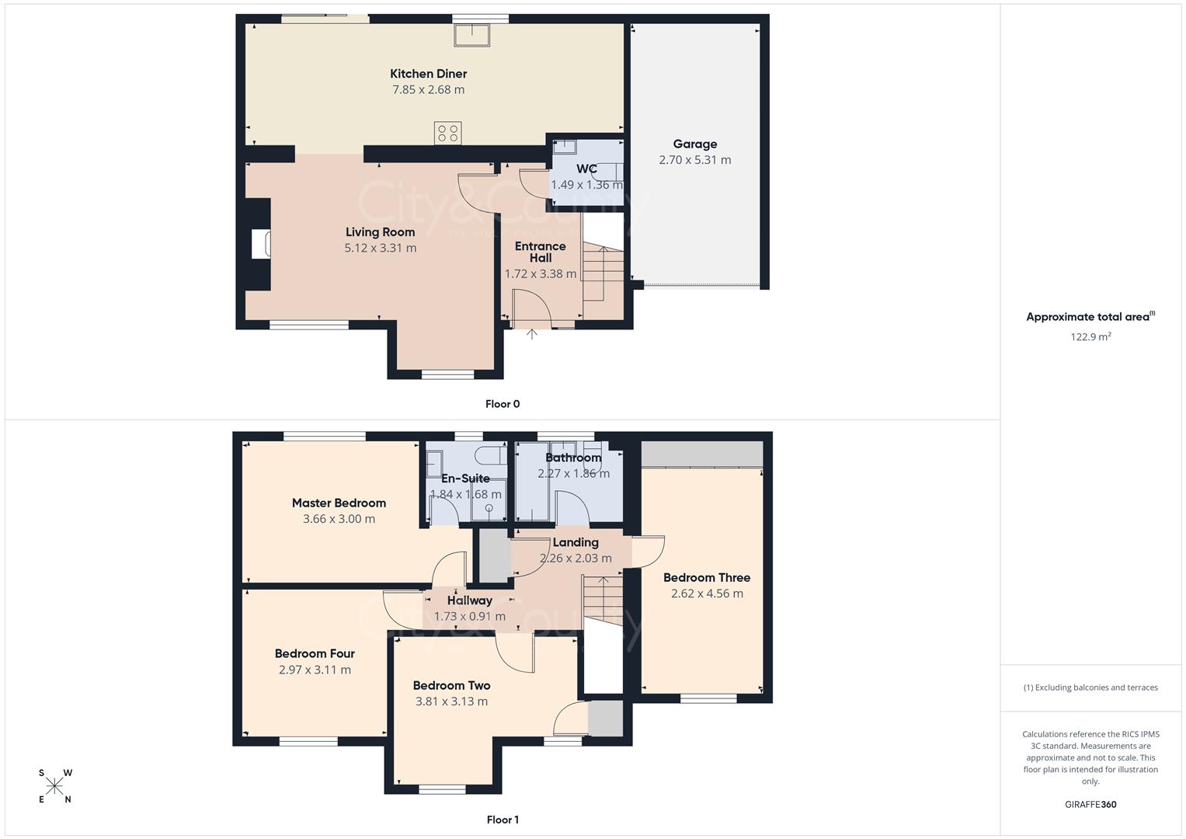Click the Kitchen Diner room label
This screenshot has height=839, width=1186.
pyautogui.click(x=428, y=74)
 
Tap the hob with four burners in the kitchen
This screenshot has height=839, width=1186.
pyautogui.click(x=448, y=133)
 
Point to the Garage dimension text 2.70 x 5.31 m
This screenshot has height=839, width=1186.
pyautogui.click(x=694, y=160)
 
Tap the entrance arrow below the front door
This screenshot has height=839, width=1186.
pyautogui.click(x=532, y=335)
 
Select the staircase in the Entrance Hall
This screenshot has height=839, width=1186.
pyautogui.click(x=603, y=273)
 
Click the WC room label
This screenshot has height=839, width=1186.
pyautogui.click(x=586, y=169)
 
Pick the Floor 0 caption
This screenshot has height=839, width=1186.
pyautogui.click(x=503, y=404)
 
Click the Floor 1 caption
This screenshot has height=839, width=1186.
pyautogui.click(x=503, y=820)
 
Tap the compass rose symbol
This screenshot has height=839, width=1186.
pyautogui.click(x=54, y=786)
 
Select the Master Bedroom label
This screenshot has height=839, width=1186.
pyautogui.click(x=339, y=503)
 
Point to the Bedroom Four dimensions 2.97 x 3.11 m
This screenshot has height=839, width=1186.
pyautogui.click(x=315, y=670)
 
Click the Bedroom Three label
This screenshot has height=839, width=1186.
pyautogui.click(x=706, y=577)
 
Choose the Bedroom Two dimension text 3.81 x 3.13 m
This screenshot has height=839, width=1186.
pyautogui.click(x=451, y=701)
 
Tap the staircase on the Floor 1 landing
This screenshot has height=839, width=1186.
pyautogui.click(x=603, y=600)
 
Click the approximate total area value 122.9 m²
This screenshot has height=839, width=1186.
pyautogui.click(x=1090, y=336)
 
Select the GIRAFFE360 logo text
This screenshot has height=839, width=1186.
pyautogui.click(x=1090, y=804)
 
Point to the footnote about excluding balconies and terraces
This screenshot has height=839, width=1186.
pyautogui.click(x=1090, y=688)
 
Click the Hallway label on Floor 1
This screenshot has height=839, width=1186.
pyautogui.click(x=469, y=601)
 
